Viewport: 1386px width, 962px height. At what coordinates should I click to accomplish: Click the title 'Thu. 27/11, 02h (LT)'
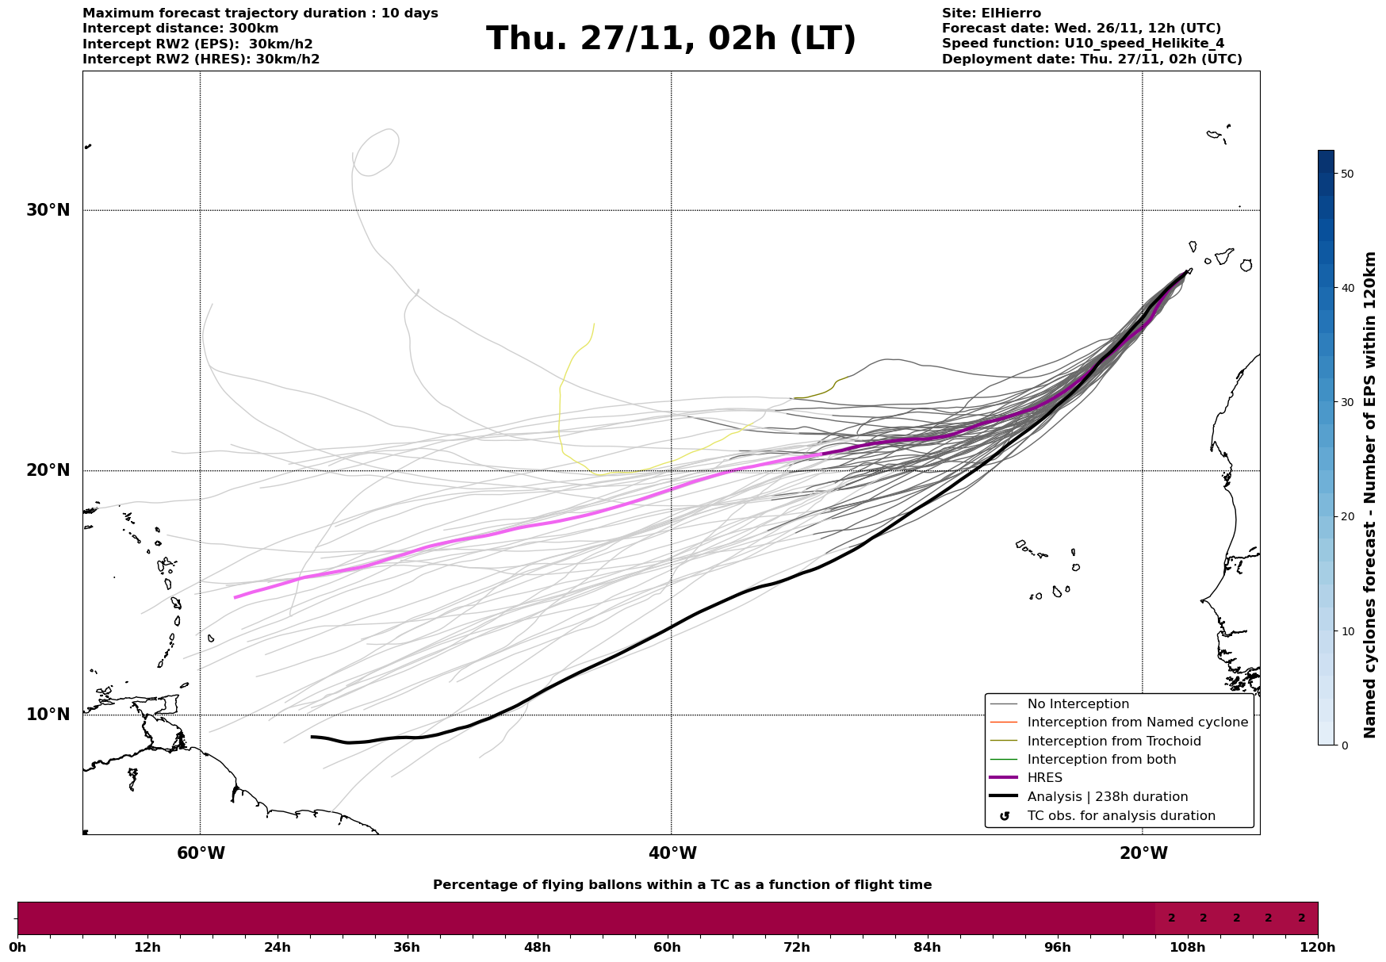coord(671,39)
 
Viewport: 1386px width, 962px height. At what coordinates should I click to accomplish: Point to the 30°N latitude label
coord(48,210)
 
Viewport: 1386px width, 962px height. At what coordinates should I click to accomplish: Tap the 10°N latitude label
coord(48,715)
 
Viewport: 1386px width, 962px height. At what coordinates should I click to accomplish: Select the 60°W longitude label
coord(201,853)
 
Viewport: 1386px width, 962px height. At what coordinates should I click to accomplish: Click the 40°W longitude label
coord(672,853)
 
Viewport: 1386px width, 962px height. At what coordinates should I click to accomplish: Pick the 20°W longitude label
coord(1143,853)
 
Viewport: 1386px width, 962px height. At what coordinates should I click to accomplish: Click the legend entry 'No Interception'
coord(1078,704)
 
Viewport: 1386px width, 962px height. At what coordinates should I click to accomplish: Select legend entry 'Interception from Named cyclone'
coord(1137,722)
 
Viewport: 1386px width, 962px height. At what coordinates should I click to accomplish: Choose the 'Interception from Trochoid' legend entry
coord(1113,742)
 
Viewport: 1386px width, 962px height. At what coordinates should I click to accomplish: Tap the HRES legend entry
coord(1044,778)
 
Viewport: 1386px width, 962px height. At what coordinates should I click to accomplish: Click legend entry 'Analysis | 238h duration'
coord(1107,797)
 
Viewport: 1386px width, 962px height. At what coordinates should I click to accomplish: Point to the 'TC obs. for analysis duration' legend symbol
coord(1005,816)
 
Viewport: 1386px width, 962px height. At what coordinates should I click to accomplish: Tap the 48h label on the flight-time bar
coord(537,948)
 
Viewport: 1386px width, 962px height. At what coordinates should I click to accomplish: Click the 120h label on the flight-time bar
coord(1318,948)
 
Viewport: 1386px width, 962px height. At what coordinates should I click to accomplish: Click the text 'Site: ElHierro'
coord(991,13)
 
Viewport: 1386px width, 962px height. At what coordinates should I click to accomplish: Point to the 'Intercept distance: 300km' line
coord(181,29)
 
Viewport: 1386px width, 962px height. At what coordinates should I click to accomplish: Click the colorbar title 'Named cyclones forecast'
coord(1370,495)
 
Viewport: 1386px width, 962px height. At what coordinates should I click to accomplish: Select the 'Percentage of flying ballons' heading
coord(682,885)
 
